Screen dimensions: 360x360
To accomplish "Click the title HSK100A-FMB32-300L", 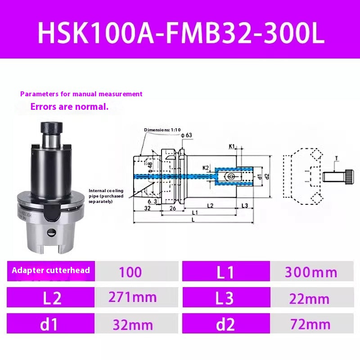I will [x=180, y=34].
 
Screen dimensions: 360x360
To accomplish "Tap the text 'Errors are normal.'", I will [x=69, y=107].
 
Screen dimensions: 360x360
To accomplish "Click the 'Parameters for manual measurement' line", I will [x=81, y=94].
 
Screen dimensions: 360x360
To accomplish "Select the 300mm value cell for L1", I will [x=311, y=272].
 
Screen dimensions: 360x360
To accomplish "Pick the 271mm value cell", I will [x=133, y=297].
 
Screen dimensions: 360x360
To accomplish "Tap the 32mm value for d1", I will [x=133, y=324].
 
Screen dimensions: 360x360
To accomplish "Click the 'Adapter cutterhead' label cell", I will [x=51, y=270].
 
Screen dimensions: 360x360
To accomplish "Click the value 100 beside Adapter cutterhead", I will [x=130, y=272].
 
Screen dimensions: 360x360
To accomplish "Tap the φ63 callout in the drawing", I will [x=185, y=135].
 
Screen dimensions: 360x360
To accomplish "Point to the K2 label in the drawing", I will [x=206, y=167].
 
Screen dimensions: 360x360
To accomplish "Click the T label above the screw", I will [x=336, y=158].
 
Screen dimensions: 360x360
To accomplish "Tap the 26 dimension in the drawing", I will [x=172, y=208].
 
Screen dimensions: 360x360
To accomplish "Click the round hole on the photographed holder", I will [x=51, y=232].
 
